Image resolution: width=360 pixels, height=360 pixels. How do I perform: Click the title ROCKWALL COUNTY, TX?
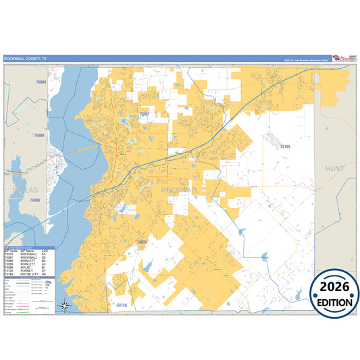[x=26, y=59]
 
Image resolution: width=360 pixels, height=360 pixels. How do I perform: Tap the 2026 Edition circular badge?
[x=334, y=294]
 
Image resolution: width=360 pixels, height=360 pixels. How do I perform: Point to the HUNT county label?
[x=334, y=168]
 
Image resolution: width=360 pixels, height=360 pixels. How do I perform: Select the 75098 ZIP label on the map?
[x=41, y=82]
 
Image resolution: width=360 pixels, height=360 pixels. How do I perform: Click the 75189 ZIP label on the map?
[x=282, y=147]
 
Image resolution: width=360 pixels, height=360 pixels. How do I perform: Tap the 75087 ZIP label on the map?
[x=144, y=115]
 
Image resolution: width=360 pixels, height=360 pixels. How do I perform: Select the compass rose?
[x=66, y=305]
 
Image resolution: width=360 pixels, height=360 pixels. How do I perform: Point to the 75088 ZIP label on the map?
[x=34, y=201]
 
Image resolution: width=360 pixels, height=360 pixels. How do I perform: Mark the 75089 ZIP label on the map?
[x=38, y=136]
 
